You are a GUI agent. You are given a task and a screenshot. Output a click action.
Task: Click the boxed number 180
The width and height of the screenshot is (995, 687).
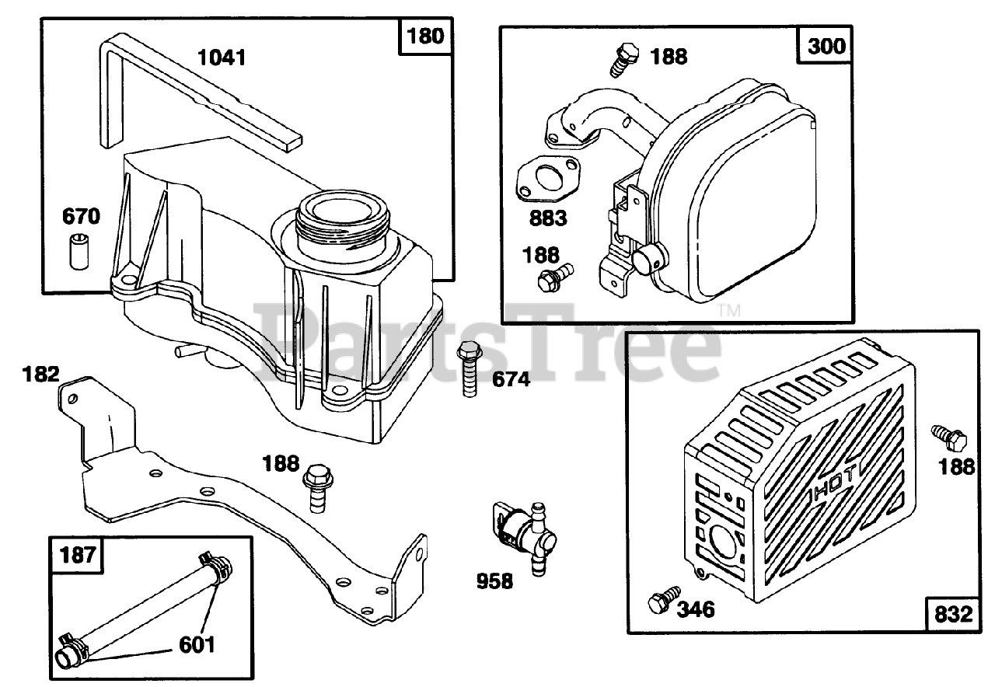425,37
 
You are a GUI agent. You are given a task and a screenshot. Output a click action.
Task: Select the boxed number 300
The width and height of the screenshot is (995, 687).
826,46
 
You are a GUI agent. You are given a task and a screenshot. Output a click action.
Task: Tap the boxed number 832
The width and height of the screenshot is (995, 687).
951,615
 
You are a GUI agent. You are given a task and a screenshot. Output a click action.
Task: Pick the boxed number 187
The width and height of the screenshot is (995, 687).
78,554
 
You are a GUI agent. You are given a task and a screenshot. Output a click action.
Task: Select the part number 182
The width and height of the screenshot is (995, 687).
40,374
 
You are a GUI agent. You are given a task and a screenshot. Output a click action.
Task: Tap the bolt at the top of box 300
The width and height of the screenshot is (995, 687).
622,59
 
